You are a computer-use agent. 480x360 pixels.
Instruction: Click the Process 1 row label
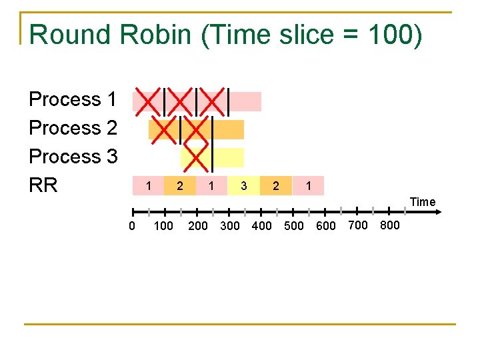pos(73,99)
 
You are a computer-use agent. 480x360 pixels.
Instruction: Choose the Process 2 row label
pos(73,128)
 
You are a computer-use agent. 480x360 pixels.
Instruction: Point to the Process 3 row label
pos(73,157)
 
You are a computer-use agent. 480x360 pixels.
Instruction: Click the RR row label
pos(43,185)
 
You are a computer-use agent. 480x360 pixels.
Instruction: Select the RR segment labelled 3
pos(244,185)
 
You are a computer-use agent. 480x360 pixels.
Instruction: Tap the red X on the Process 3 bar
pos(196,157)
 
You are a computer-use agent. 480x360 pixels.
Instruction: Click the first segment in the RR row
pos(149,185)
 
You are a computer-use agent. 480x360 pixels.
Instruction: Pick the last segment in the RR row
pos(308,185)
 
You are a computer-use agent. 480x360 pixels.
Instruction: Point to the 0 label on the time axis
pos(132,226)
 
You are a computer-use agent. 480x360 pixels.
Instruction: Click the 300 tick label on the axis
pos(229,226)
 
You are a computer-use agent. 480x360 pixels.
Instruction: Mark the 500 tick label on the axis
pos(294,226)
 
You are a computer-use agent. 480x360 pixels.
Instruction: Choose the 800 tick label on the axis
pos(389,225)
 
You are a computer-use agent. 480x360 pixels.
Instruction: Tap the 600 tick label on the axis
pos(325,226)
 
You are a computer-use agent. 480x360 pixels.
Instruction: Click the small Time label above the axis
pos(423,202)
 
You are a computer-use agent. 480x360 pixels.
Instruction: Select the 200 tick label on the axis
pos(198,226)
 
